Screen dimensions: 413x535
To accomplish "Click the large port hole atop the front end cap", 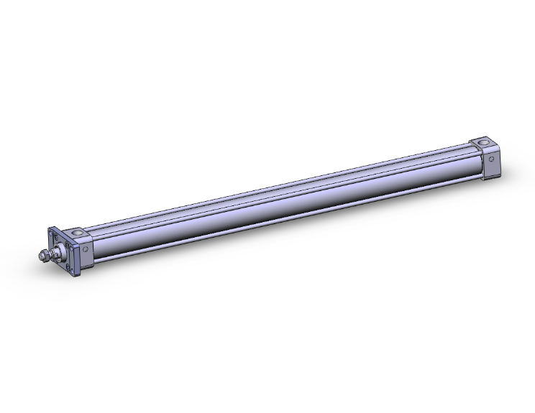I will (78, 233).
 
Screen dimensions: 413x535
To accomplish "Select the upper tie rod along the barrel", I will (280, 187).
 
